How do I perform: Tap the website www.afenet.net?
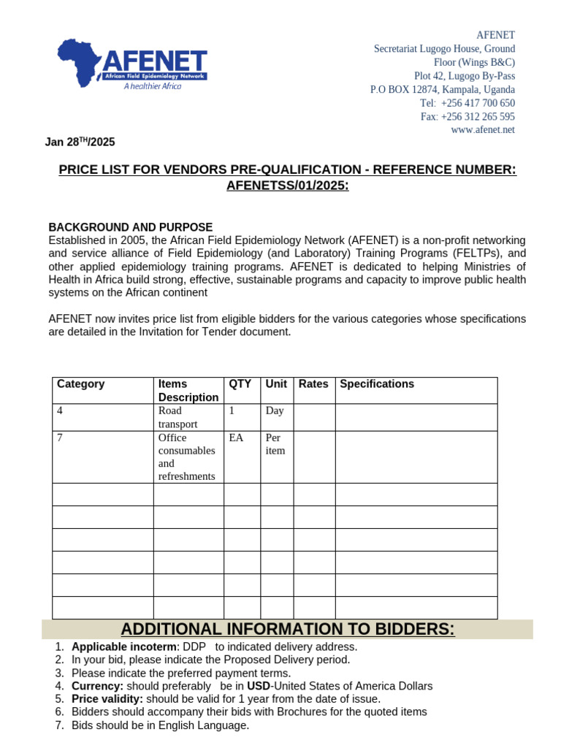coord(483,129)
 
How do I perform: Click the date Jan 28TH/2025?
coord(80,142)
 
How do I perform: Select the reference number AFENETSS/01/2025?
coord(287,186)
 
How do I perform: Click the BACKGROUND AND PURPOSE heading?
coord(130,227)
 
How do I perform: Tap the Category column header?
coord(81,384)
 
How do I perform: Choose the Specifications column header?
coord(377,384)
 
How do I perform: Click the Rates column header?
coord(313,384)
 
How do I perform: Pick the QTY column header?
coord(240,384)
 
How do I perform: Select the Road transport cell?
coord(178,417)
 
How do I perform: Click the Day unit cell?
coord(275,411)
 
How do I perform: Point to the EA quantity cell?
coord(237,438)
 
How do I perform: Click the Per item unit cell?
coord(275,444)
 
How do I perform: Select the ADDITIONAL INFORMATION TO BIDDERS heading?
coord(287,629)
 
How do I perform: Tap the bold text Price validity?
coord(107,699)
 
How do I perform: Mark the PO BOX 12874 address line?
coord(442,89)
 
